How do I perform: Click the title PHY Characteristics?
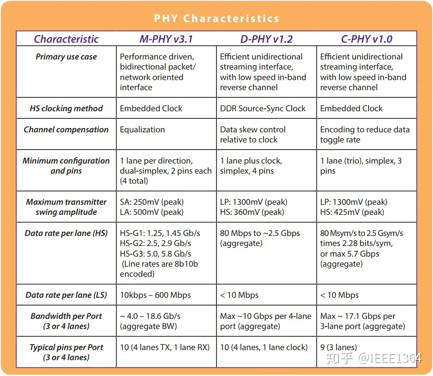click(x=216, y=19)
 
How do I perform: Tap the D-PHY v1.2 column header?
click(x=266, y=39)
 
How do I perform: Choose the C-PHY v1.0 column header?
click(x=366, y=39)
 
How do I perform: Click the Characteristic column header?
click(x=66, y=39)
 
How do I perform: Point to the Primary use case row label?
click(x=66, y=57)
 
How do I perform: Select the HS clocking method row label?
click(x=66, y=108)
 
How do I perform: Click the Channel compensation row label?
click(x=66, y=129)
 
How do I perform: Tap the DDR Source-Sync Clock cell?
click(x=263, y=108)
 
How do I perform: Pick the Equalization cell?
click(x=142, y=129)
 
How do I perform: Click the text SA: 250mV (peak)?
click(x=152, y=202)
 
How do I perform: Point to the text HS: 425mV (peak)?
click(x=352, y=212)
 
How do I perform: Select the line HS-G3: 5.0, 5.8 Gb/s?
click(x=156, y=254)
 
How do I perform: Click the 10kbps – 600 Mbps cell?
click(x=155, y=295)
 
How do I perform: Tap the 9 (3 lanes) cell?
click(x=338, y=347)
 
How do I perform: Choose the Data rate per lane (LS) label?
click(x=66, y=295)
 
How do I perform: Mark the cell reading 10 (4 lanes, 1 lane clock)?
click(x=263, y=347)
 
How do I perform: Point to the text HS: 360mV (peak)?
click(x=252, y=212)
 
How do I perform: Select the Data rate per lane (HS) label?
click(x=66, y=233)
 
